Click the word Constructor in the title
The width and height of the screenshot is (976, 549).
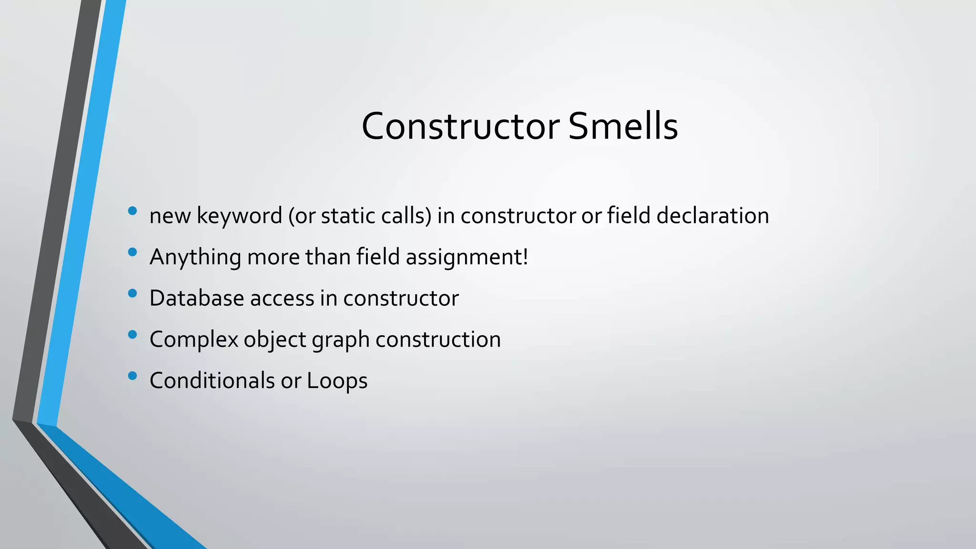(460, 126)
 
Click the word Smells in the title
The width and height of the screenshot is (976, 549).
(623, 126)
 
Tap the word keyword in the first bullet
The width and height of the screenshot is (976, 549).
(239, 216)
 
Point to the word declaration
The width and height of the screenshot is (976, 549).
(712, 215)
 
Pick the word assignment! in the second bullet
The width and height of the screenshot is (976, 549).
(467, 257)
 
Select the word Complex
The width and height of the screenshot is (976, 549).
(194, 340)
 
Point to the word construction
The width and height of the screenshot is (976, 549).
(438, 339)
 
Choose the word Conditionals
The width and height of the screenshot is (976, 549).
(212, 381)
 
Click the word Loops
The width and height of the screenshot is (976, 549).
(337, 381)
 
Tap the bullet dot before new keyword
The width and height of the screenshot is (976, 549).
(132, 211)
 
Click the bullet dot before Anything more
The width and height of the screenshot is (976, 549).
(132, 252)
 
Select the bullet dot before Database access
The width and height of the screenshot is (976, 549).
(132, 293)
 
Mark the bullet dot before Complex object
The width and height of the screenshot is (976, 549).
(132, 335)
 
